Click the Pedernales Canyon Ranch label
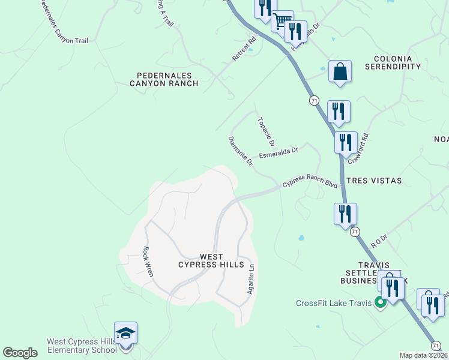click(164, 79)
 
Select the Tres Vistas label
click(373, 180)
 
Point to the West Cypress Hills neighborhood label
click(211, 260)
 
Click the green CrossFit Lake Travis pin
click(380, 302)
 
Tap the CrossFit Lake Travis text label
click(334, 302)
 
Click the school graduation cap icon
click(125, 333)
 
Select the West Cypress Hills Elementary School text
click(82, 346)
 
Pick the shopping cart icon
click(281, 21)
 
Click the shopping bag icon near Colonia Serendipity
click(339, 71)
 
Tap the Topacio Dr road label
click(265, 131)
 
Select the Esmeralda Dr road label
click(279, 152)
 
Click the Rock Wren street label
click(148, 262)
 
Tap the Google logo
click(20, 353)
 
